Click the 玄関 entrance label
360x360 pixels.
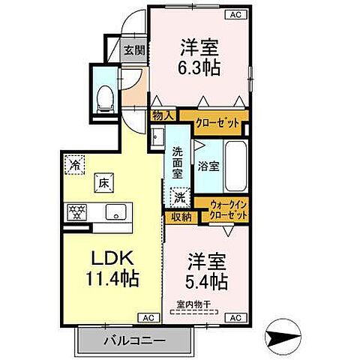[x=135, y=51]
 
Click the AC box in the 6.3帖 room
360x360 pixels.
[x=234, y=14]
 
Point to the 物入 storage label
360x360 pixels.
[x=162, y=115]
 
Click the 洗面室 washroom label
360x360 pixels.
[x=177, y=160]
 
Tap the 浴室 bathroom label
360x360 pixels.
[x=208, y=166]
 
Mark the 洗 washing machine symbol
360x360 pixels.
[x=179, y=198]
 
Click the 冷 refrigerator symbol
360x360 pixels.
[x=75, y=163]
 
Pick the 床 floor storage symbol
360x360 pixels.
[x=100, y=181]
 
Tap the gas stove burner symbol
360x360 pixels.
[x=77, y=211]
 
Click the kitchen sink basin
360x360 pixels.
[x=116, y=211]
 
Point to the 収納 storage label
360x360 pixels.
[x=179, y=217]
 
